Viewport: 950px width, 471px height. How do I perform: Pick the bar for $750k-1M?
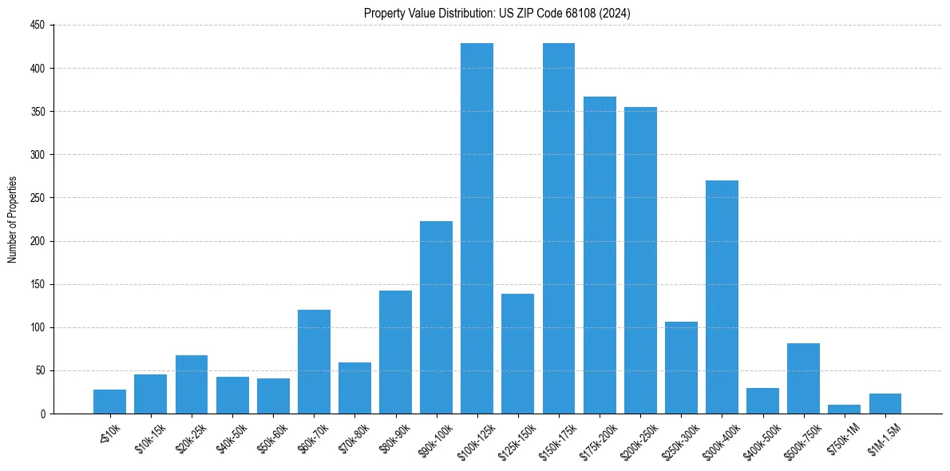click(844, 410)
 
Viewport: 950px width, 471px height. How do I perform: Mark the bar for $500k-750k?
click(803, 378)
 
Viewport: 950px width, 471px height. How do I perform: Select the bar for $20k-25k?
click(191, 384)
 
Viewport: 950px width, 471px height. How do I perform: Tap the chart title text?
click(497, 13)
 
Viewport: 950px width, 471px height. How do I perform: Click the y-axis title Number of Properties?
click(13, 220)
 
